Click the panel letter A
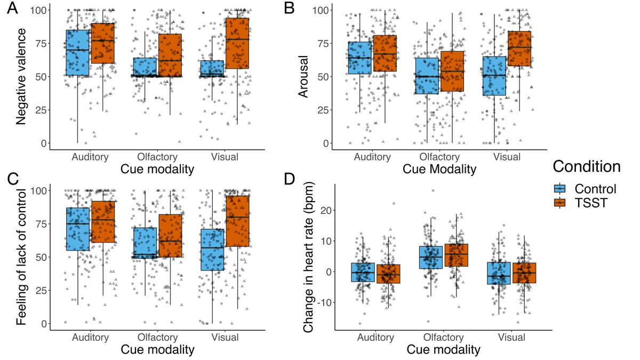point(11,10)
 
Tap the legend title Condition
point(586,166)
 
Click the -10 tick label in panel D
point(325,302)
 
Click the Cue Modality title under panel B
point(439,169)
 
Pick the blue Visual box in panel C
point(212,250)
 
